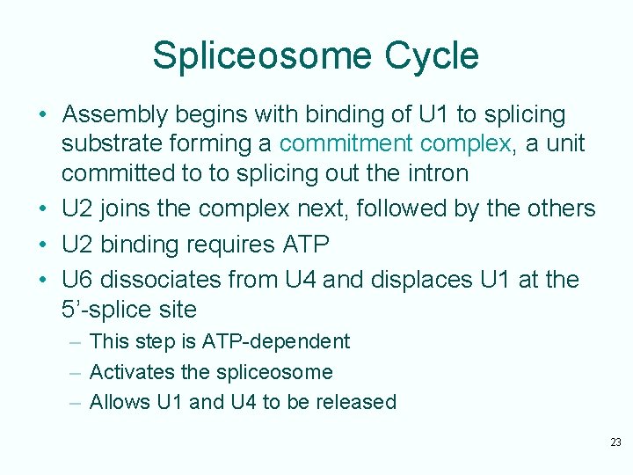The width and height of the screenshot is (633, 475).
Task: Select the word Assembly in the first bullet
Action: click(115, 114)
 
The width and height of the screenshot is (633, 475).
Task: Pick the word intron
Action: click(435, 173)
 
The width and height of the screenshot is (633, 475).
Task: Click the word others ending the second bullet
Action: click(560, 208)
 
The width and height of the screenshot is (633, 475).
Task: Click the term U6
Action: click(78, 280)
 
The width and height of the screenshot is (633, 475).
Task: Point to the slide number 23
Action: click(615, 442)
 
